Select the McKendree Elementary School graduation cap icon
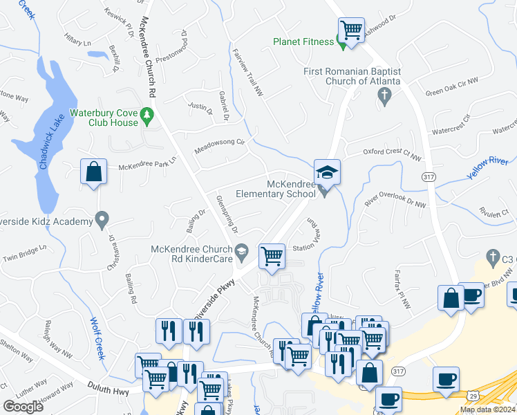(327, 172)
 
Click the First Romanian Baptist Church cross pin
(386, 100)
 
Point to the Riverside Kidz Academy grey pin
(102, 221)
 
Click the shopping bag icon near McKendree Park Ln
(93, 172)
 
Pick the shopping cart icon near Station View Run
(272, 256)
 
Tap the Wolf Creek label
(96, 337)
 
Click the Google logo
(23, 406)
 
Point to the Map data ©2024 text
(487, 409)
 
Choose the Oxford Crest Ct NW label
(393, 155)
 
